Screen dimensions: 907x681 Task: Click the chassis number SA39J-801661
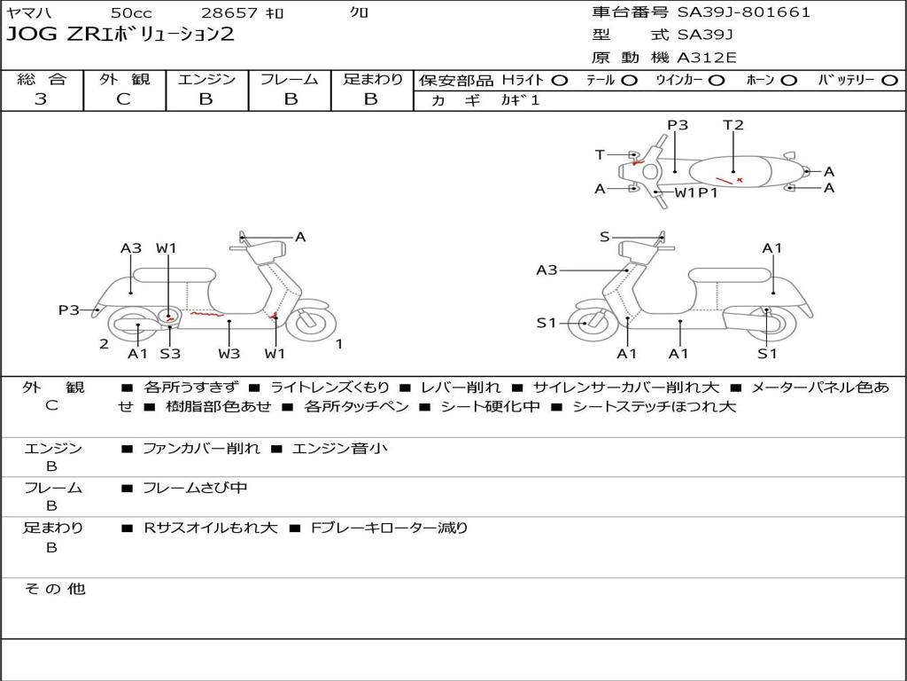[x=743, y=12]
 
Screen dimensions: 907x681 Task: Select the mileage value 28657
[x=229, y=13]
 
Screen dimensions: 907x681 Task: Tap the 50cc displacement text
[x=130, y=13]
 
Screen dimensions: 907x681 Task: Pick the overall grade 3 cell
[x=41, y=99]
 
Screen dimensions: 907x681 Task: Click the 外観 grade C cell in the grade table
[x=124, y=99]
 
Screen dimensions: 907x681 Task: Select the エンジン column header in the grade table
[x=206, y=80]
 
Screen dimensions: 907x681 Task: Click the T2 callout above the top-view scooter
[x=733, y=125]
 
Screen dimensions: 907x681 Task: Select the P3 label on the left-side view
[x=69, y=309]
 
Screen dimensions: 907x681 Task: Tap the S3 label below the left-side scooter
[x=170, y=354]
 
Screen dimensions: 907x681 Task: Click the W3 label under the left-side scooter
[x=229, y=354]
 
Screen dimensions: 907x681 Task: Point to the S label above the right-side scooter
[x=605, y=237]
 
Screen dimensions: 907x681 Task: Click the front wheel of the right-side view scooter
[x=585, y=324]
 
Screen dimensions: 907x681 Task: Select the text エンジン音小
[x=340, y=449]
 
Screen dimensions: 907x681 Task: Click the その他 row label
[x=55, y=589]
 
